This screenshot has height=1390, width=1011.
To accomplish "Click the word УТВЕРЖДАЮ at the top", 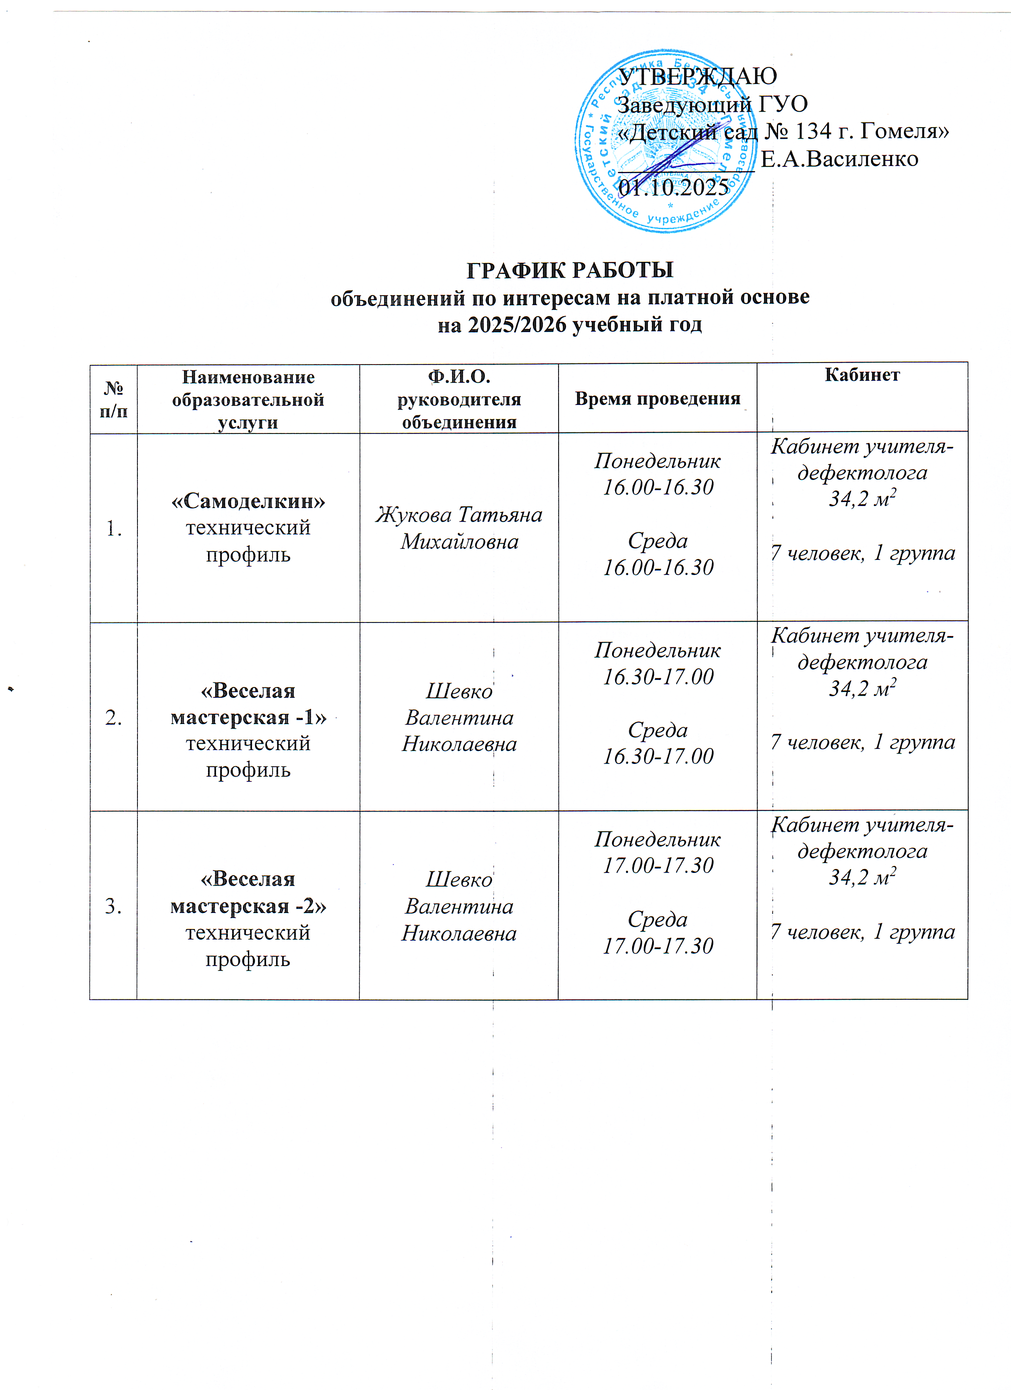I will click(x=697, y=76).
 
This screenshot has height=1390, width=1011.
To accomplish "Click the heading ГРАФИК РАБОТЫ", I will click(x=570, y=270).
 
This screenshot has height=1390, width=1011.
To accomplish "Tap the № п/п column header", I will click(x=113, y=399).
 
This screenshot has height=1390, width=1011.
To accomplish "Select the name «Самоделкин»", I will click(x=248, y=501).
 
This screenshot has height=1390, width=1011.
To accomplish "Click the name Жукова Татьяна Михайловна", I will click(x=459, y=528).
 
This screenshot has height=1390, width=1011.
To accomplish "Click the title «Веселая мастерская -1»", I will click(x=248, y=704).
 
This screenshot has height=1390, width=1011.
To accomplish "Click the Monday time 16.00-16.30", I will click(x=658, y=487).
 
